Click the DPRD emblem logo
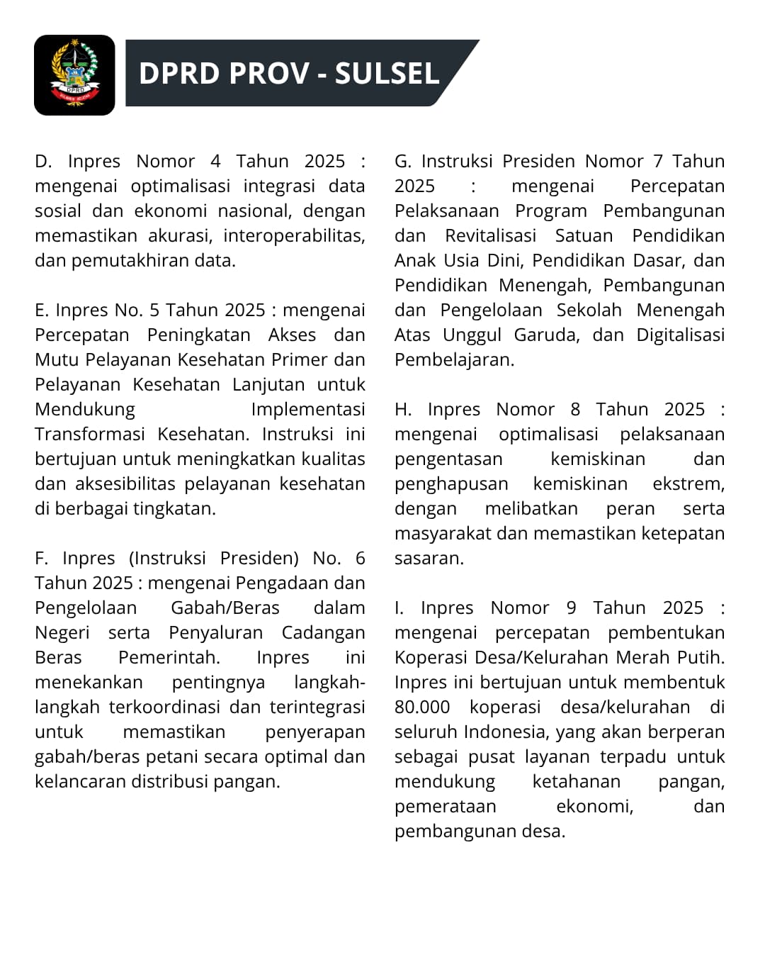point(74,74)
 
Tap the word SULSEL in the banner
point(387,74)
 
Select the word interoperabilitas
point(308,235)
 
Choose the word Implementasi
point(308,409)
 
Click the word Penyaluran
point(215,632)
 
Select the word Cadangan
point(323,632)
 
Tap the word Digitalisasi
point(680,335)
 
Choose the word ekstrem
point(687,483)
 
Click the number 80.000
point(422,707)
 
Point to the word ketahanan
point(576,781)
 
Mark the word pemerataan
point(445,806)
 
